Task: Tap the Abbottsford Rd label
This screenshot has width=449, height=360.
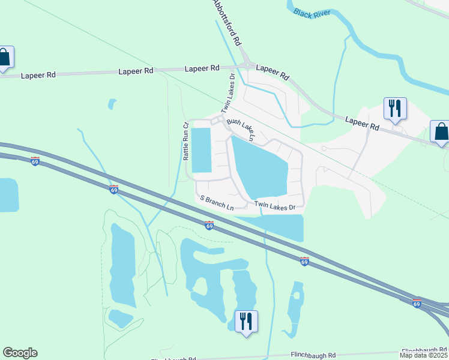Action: (228, 23)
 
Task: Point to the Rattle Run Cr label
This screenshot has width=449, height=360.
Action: (186, 142)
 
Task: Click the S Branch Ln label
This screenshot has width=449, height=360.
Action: (217, 202)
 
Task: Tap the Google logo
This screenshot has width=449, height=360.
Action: (20, 353)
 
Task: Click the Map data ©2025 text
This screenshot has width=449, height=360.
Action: (424, 355)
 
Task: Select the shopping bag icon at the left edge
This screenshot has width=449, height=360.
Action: (5, 58)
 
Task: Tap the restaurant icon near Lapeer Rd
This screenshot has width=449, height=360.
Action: (395, 109)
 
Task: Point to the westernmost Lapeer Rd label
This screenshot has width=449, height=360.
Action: (38, 76)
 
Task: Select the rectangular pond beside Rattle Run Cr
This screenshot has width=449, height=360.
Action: (201, 151)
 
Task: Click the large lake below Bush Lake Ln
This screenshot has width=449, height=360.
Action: (261, 168)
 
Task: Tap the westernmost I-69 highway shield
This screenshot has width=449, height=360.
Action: (35, 161)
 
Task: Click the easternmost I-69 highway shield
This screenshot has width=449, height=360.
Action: (417, 304)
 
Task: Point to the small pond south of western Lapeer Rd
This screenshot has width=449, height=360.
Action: (112, 104)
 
